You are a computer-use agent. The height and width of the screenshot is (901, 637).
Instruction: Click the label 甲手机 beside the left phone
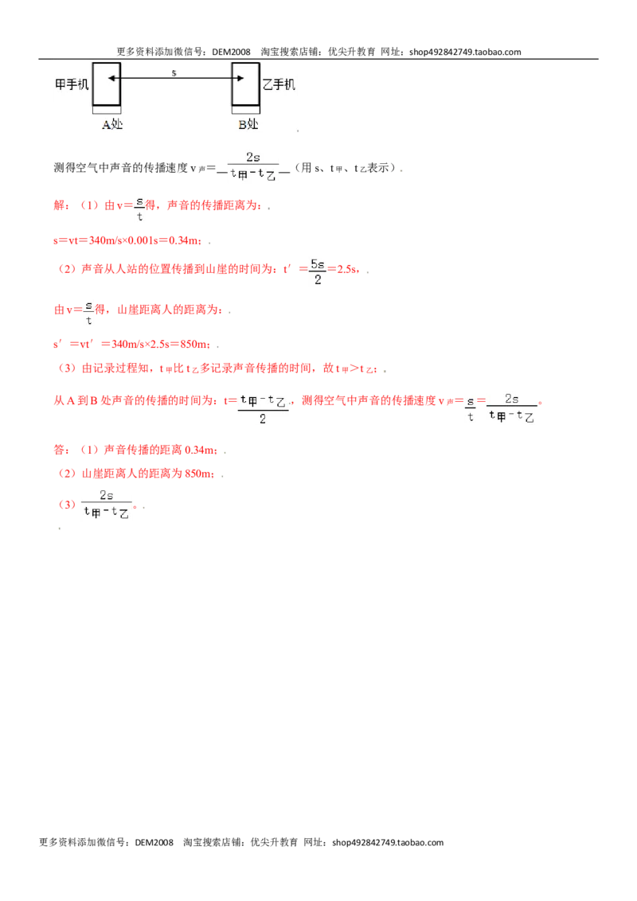(72, 84)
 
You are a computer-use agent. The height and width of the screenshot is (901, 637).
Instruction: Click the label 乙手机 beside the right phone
(279, 84)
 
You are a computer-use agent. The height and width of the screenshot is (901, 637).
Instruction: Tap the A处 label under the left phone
(112, 124)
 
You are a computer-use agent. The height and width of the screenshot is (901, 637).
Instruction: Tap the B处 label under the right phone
(248, 124)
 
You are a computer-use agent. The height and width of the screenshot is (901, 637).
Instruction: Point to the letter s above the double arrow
(174, 73)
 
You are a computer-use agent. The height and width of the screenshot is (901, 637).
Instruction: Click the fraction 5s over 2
(318, 271)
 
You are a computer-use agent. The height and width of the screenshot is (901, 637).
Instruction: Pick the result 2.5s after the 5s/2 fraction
(346, 269)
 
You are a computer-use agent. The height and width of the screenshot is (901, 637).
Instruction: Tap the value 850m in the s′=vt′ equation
(194, 344)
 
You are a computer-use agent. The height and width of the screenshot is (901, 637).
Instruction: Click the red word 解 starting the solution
(59, 205)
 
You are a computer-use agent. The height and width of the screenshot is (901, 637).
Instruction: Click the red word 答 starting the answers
(59, 450)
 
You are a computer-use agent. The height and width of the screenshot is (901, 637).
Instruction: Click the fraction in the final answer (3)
(107, 504)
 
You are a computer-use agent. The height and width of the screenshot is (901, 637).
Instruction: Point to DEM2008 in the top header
(231, 52)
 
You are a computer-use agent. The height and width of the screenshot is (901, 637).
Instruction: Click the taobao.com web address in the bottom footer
(388, 842)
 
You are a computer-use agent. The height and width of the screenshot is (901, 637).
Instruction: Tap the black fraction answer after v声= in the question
(253, 166)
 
